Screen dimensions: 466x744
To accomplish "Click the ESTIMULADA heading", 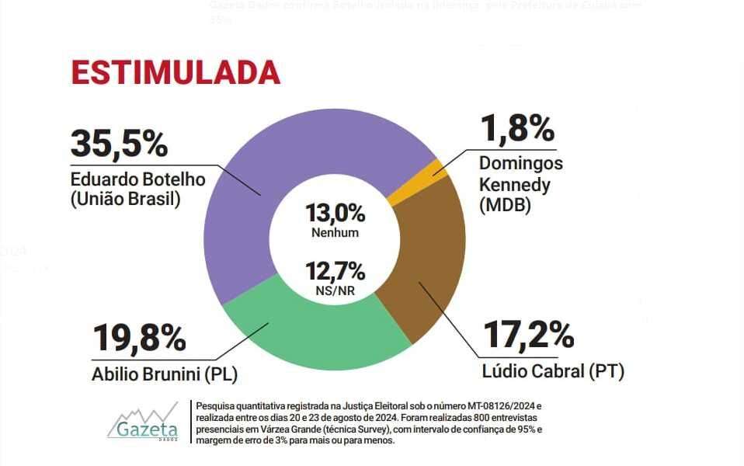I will point(176,71).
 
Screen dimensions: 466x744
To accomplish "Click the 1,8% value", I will point(516,129).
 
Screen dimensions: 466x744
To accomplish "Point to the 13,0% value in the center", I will point(335,213).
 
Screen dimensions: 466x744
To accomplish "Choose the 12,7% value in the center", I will point(335,272).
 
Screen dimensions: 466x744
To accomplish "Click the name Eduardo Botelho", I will point(137,179).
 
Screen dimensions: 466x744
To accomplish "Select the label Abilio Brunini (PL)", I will point(165,374).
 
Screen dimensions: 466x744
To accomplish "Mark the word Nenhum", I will point(335,232).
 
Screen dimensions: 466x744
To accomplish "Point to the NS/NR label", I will point(335,291).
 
